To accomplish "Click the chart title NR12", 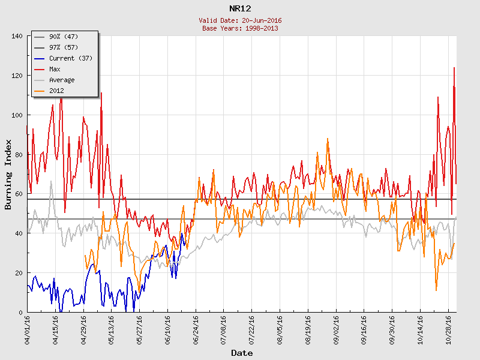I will pyautogui.click(x=240, y=8).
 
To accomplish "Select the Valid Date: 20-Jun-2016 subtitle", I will pyautogui.click(x=240, y=20).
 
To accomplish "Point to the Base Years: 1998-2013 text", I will pyautogui.click(x=240, y=28).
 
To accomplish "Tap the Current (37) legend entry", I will pyautogui.click(x=70, y=58).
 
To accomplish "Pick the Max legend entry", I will pyautogui.click(x=55, y=69).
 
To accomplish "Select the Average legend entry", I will pyautogui.click(x=62, y=80).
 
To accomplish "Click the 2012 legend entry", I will pyautogui.click(x=56, y=91).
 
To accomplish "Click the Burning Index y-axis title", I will pyautogui.click(x=8, y=174).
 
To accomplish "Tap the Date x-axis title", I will pyautogui.click(x=242, y=353).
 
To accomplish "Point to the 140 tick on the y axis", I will pyautogui.click(x=17, y=36).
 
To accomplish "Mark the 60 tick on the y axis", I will pyautogui.click(x=19, y=194).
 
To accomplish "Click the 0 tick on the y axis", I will pyautogui.click(x=20, y=312).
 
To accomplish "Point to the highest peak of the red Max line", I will pyautogui.click(x=454, y=68).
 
